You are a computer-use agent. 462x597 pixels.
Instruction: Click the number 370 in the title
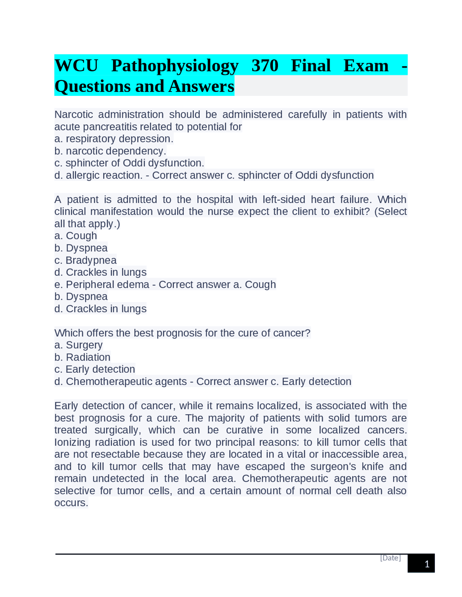tap(265, 66)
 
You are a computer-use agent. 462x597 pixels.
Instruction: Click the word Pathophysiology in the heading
tap(175, 66)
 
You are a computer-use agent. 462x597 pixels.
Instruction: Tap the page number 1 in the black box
tap(427, 564)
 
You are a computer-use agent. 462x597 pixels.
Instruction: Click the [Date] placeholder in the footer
tap(390, 558)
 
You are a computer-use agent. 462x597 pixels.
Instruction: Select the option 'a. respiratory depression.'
tap(114, 139)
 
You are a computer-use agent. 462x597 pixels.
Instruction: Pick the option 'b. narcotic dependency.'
tap(110, 151)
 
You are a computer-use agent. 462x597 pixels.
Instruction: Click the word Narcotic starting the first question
tap(74, 115)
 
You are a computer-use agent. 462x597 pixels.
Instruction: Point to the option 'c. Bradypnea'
tap(86, 260)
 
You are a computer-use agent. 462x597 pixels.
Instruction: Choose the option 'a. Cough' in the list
tap(76, 236)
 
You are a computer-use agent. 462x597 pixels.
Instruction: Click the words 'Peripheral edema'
tap(107, 284)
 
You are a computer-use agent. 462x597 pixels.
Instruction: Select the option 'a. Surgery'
tap(78, 345)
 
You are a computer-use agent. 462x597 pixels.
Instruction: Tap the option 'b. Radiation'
tap(82, 357)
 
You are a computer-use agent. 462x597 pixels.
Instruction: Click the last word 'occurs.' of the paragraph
tap(71, 503)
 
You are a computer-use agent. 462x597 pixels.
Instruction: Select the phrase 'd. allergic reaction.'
tap(98, 175)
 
